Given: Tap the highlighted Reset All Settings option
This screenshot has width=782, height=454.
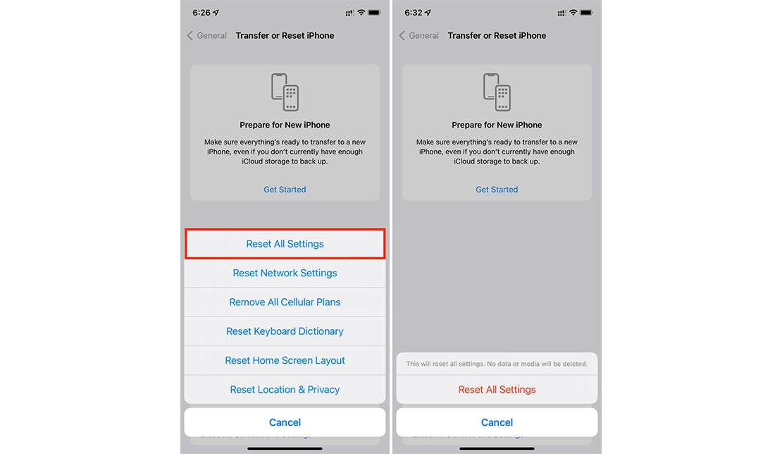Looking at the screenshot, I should click(x=285, y=244).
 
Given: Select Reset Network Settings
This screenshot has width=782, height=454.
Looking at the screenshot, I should click(x=285, y=273).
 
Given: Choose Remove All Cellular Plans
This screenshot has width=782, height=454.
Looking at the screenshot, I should click(x=285, y=302).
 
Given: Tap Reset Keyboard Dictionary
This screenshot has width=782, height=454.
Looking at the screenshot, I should click(x=285, y=331).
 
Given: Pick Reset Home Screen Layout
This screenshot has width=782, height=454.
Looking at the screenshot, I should click(x=285, y=360).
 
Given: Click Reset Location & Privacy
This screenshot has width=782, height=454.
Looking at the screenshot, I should click(x=285, y=389).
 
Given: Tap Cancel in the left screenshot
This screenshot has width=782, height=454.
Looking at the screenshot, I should click(x=285, y=422).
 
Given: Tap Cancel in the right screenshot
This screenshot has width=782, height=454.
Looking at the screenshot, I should click(x=497, y=422).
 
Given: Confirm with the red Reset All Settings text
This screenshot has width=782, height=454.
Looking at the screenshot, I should click(x=497, y=389).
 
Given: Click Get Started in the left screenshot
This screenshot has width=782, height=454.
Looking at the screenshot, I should click(x=285, y=189).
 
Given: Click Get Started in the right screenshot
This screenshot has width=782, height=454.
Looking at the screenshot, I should click(x=497, y=189).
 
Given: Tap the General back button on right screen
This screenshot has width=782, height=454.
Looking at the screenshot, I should click(x=419, y=35).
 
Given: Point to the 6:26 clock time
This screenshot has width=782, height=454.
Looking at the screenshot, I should click(x=201, y=13).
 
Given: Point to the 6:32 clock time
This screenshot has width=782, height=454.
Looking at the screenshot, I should click(x=414, y=13).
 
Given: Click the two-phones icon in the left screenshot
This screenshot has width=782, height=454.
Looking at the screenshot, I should click(x=285, y=92).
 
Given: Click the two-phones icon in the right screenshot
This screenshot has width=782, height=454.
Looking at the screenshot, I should click(x=497, y=92).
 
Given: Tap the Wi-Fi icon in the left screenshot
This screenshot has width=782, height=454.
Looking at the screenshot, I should click(x=361, y=13).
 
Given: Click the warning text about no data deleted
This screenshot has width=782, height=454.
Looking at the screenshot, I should click(x=497, y=364).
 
